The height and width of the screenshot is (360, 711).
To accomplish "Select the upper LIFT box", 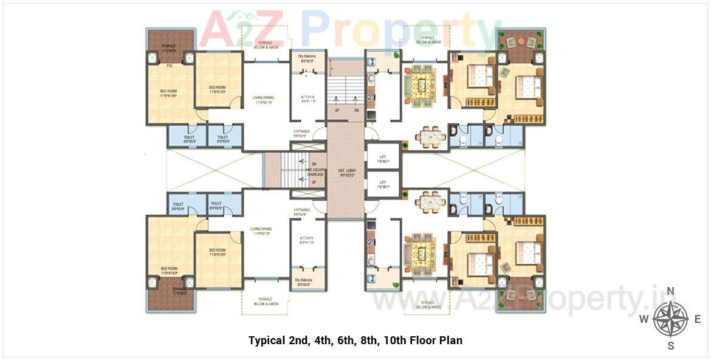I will (383, 158).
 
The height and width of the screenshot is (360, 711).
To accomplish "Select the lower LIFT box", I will (383, 184).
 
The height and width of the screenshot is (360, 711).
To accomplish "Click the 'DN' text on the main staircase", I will (356, 111).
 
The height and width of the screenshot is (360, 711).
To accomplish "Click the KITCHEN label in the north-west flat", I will (308, 99).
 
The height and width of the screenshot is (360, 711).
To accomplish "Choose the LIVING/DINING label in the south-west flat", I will (261, 230).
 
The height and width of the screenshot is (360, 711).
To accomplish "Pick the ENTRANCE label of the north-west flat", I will (302, 133).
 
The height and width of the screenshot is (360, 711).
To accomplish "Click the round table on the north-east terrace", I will (521, 42).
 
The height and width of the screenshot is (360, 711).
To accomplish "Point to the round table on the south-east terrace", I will (521, 295).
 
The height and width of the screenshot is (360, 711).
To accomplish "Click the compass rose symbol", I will (670, 319).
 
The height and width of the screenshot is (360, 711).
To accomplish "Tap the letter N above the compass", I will (670, 291).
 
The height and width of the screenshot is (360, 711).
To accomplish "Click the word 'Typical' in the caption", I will (267, 340).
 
